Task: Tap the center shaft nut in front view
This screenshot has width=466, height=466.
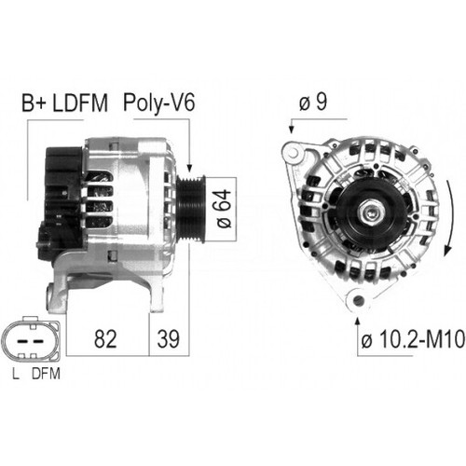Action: click(373, 214)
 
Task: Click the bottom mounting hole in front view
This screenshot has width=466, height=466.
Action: click(355, 300)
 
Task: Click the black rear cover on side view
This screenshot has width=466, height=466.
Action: click(60, 191)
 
